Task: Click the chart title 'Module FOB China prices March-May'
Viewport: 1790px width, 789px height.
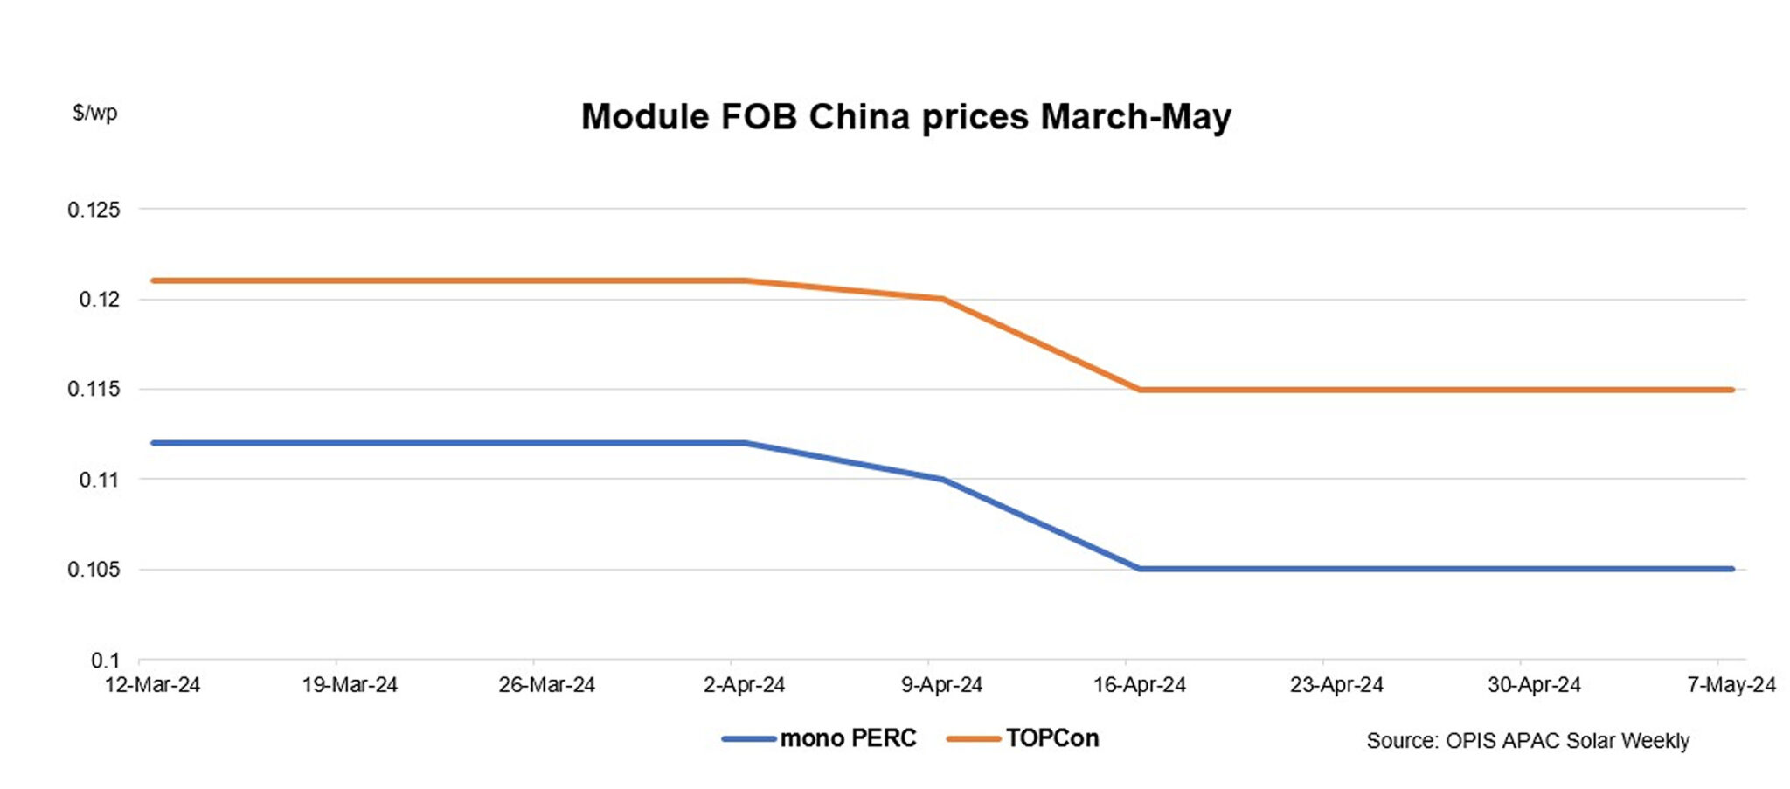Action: pos(905,117)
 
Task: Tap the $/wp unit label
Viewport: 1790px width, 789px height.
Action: pos(94,113)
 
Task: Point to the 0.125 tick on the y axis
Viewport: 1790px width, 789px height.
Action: pos(94,210)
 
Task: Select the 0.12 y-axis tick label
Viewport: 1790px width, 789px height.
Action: pos(99,300)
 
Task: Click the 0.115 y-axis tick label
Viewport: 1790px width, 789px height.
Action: pos(94,389)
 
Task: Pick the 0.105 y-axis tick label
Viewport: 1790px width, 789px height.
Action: pos(94,570)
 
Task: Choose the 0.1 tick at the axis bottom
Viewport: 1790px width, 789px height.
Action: pos(105,660)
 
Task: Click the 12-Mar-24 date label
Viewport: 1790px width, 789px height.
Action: pos(152,685)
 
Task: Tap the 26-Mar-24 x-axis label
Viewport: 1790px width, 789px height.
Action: pos(546,685)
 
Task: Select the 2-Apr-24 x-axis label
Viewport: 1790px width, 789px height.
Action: pos(744,685)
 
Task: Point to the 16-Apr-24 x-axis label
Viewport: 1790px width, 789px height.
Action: pos(1139,685)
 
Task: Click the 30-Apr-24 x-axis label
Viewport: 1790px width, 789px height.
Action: pos(1534,685)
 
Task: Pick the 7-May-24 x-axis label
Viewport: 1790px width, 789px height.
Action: pos(1731,685)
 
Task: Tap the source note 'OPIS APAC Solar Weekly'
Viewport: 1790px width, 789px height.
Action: pos(1527,741)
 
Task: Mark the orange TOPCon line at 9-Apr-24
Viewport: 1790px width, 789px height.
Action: pos(942,299)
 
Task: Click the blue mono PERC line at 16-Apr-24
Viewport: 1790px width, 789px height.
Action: pos(1139,569)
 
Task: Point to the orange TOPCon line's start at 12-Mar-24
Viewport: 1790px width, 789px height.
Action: pos(154,280)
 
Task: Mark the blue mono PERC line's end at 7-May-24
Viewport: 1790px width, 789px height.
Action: pos(1731,569)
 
